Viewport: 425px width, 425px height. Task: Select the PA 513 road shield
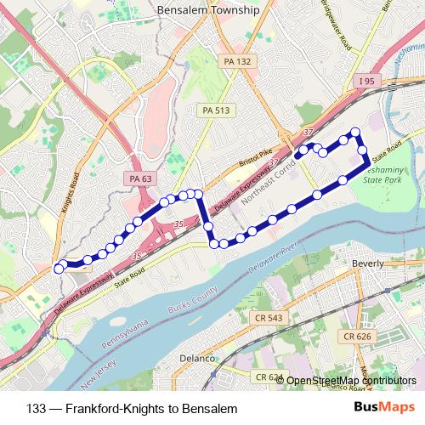pyautogui.click(x=216, y=110)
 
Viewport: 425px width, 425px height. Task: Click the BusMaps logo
pyautogui.click(x=390, y=408)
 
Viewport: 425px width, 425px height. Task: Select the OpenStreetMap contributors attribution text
pyautogui.click(x=353, y=381)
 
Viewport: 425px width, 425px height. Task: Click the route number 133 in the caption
pyautogui.click(x=37, y=408)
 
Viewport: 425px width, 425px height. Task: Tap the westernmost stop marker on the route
pyautogui.click(x=59, y=269)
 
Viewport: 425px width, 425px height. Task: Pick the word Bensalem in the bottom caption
pyautogui.click(x=206, y=408)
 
